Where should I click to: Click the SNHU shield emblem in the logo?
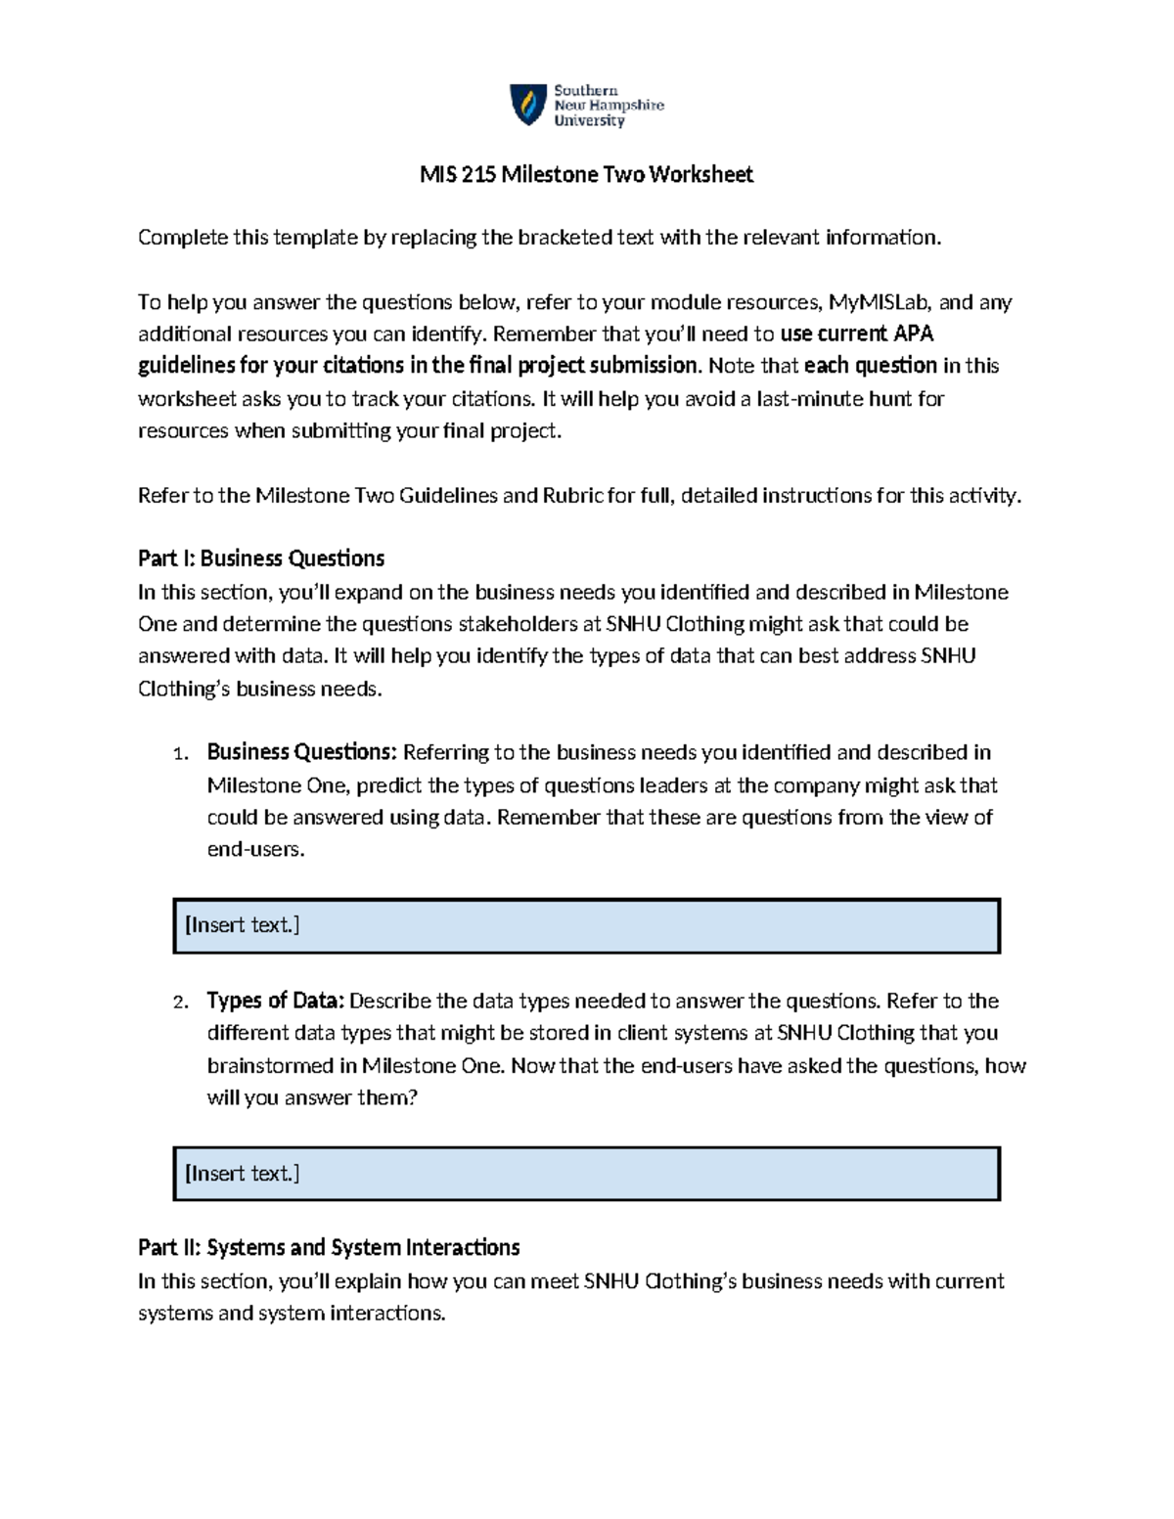(x=528, y=104)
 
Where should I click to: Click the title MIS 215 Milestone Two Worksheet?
(x=586, y=174)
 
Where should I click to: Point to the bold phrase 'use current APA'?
(x=856, y=334)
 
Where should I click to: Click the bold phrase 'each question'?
(x=870, y=366)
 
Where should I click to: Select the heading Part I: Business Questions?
(x=260, y=558)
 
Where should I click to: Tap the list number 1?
(x=179, y=754)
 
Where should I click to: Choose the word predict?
(x=389, y=785)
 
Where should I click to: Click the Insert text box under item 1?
(x=586, y=925)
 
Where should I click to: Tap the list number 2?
(x=179, y=1003)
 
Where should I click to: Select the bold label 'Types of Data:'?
(x=275, y=1001)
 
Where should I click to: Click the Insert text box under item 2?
(x=586, y=1174)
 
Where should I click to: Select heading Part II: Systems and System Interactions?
(x=329, y=1248)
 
